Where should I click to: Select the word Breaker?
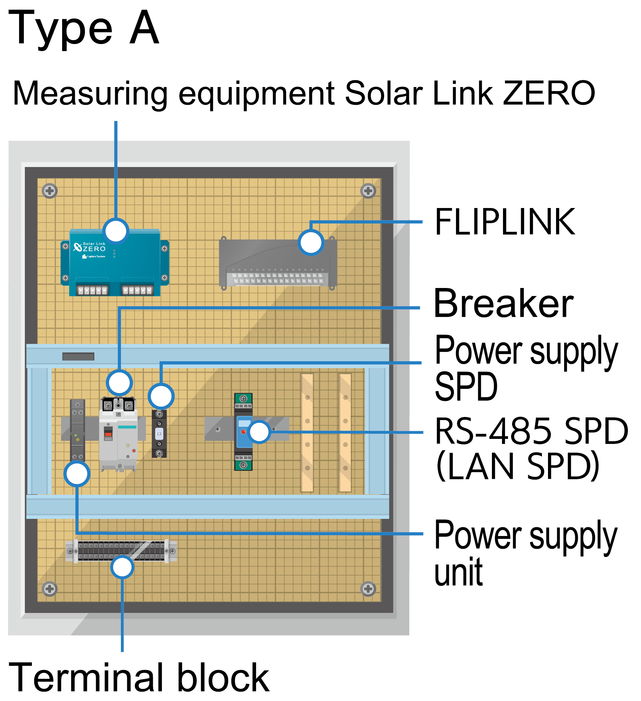503,304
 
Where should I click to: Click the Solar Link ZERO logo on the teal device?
90,248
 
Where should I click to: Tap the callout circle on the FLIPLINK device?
311,242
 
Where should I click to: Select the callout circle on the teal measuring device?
116,231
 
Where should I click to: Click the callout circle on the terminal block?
122,567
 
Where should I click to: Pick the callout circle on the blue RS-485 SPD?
259,432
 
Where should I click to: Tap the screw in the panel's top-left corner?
50,191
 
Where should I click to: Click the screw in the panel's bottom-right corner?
368,589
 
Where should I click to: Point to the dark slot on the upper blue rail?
78,357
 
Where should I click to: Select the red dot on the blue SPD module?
243,432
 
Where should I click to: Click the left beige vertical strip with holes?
307,433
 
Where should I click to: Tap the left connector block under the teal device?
92,290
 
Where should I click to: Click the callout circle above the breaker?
119,383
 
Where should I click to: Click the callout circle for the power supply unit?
77,474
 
